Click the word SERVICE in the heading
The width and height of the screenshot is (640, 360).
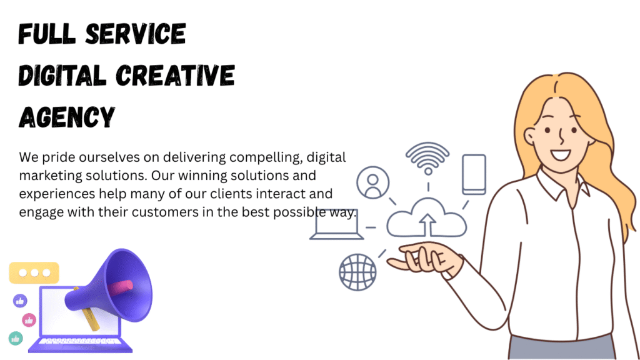136,34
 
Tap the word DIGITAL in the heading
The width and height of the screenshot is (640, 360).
62,76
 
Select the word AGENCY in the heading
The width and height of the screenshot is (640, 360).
67,117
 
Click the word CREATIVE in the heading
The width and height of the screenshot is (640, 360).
176,76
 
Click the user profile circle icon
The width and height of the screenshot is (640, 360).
372,182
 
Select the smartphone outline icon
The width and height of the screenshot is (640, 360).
474,174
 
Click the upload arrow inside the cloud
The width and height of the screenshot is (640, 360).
427,224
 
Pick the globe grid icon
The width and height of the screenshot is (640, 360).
357,272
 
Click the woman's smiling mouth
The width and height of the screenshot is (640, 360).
560,155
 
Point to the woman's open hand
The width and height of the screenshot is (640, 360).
424,257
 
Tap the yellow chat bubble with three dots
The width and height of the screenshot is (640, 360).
34,272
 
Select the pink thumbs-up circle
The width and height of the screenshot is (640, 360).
29,320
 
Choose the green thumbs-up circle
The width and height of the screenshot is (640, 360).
16,338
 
